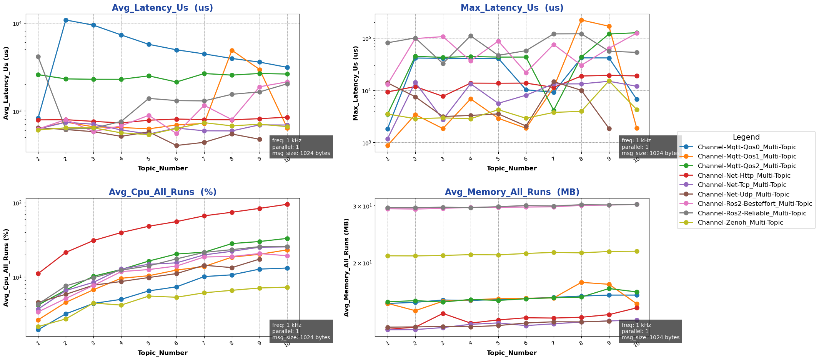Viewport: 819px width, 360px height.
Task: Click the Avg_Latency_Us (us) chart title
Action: coord(162,8)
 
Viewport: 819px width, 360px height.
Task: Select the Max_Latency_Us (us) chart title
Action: coord(512,8)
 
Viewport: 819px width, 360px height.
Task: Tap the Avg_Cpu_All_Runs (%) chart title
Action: coord(162,192)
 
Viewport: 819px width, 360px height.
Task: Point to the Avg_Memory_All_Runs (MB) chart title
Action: coord(512,192)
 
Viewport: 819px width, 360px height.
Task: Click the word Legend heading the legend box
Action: coord(746,137)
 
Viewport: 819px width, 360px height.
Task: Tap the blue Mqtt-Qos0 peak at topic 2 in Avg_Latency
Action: coord(66,20)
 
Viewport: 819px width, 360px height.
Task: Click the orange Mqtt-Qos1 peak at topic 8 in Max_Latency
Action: coord(581,20)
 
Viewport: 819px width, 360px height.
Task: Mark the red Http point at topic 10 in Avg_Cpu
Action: coord(287,204)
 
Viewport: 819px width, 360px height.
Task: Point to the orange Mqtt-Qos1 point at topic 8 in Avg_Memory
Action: coord(581,282)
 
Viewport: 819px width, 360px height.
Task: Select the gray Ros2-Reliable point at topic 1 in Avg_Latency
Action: coord(38,57)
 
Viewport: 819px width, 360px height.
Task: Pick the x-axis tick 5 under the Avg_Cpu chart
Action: coord(149,342)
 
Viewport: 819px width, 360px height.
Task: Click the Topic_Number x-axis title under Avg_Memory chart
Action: coord(512,353)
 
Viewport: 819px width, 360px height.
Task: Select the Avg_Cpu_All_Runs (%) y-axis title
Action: coord(6,268)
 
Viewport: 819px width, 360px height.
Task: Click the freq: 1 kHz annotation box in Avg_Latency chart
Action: coord(301,147)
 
